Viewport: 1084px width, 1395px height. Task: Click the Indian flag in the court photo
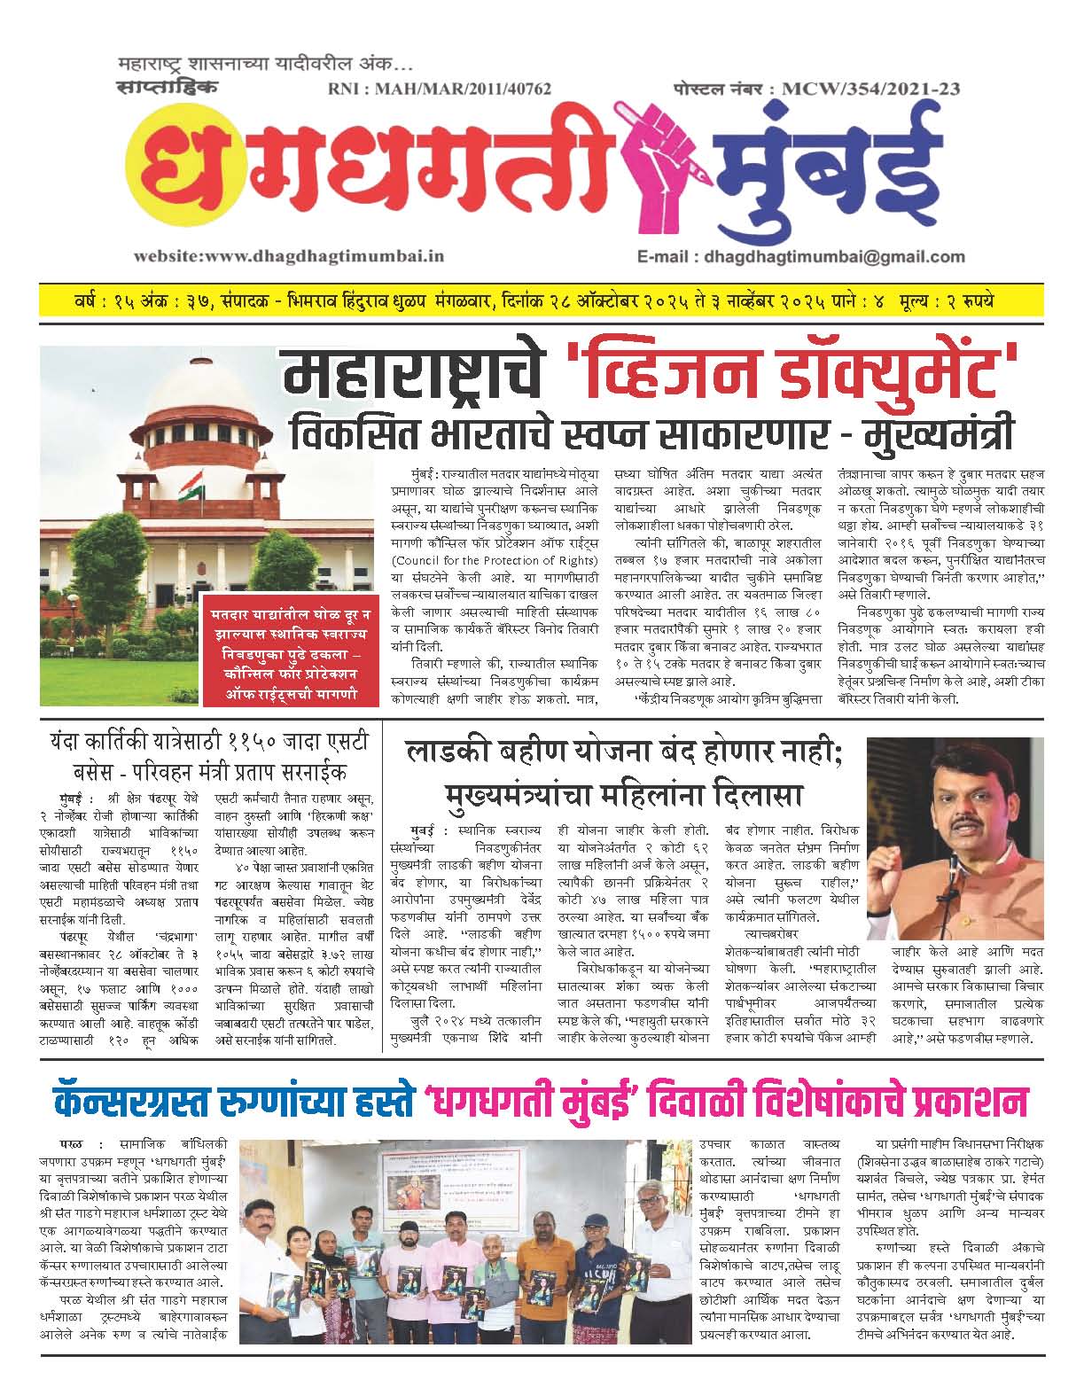pyautogui.click(x=190, y=489)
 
